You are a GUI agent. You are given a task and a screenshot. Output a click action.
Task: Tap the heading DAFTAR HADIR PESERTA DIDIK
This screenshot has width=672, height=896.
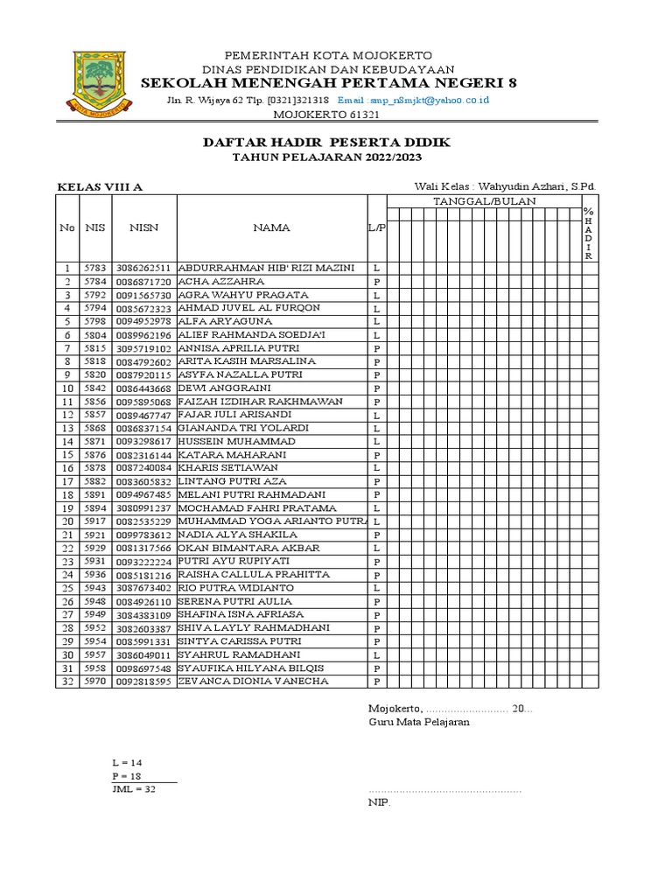tap(327, 142)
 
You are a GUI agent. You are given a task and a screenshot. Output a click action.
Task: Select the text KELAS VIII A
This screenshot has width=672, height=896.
tap(100, 187)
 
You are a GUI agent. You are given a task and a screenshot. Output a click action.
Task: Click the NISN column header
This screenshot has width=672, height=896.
tap(143, 227)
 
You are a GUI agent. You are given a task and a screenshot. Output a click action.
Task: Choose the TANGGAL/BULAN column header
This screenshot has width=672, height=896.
tap(485, 201)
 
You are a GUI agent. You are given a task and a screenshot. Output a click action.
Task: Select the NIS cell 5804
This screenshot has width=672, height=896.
tap(94, 335)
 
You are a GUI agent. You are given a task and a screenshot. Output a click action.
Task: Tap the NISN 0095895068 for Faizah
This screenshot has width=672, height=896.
tap(143, 402)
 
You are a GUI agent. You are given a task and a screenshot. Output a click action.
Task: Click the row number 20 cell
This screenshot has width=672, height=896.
tap(67, 521)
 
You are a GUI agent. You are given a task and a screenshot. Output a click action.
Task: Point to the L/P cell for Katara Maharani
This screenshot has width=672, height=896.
tap(376, 455)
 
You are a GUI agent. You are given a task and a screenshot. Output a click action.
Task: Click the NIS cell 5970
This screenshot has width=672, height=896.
tap(94, 682)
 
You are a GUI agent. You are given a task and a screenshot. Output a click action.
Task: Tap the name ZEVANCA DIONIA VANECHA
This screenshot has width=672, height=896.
tap(254, 682)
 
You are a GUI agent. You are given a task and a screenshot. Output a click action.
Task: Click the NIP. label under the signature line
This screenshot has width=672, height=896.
tap(379, 801)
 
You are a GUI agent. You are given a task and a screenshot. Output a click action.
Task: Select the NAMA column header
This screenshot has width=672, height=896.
tap(271, 227)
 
